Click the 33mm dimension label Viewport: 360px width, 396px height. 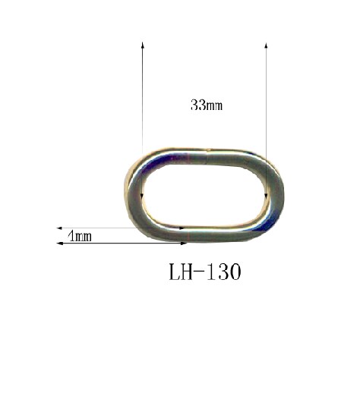coord(207,105)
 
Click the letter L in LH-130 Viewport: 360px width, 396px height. coord(174,272)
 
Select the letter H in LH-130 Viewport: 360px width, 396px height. coord(187,272)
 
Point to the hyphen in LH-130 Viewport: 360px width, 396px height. coord(200,272)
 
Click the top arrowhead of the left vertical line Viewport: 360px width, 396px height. coord(143,45)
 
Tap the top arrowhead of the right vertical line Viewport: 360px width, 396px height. coord(266,46)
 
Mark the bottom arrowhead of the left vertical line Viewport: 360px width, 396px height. coord(142,196)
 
